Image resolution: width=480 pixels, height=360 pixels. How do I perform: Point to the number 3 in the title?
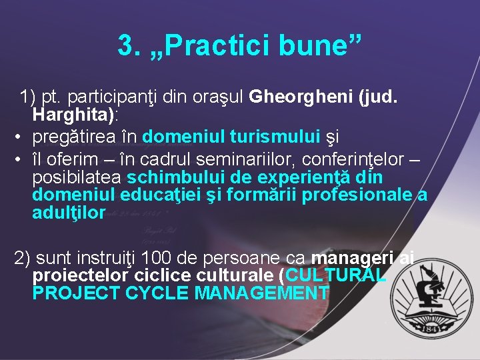coord(125,45)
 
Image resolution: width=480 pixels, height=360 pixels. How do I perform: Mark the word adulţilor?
coord(69,213)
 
